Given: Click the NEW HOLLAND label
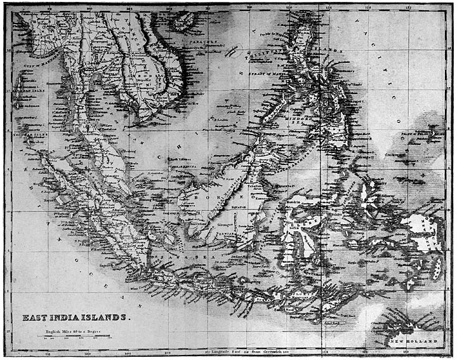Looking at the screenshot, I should tap(413, 342).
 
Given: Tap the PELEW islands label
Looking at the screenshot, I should tap(421, 133).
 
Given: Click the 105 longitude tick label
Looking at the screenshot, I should tap(129, 9).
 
